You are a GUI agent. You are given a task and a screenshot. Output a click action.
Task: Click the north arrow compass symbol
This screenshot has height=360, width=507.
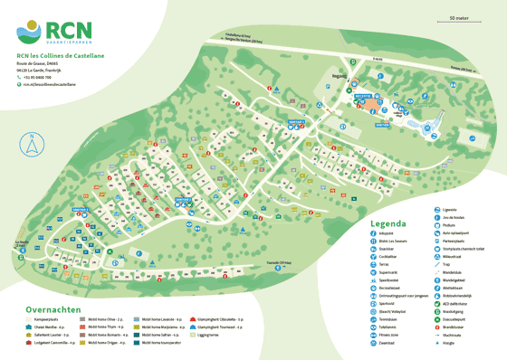tap(32, 143)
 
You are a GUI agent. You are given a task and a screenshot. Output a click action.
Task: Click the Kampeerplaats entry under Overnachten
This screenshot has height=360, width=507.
tap(50, 320)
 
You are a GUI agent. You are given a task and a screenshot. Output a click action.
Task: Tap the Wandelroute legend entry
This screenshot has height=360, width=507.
tap(454, 272)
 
